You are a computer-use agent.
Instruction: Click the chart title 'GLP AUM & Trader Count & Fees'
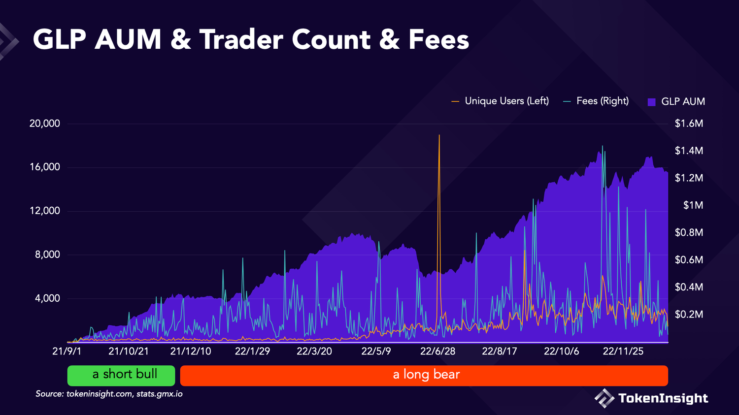[251, 40]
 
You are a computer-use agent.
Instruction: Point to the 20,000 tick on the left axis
[45, 124]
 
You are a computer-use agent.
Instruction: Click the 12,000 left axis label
[45, 211]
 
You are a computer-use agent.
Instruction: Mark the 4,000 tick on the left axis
[47, 298]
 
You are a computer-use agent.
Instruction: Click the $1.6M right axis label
[689, 124]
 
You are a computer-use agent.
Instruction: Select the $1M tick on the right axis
[693, 205]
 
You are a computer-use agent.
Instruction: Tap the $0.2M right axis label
[689, 314]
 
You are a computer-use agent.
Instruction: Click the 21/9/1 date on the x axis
[67, 351]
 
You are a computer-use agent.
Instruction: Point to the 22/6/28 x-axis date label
[437, 351]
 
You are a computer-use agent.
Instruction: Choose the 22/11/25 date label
[623, 351]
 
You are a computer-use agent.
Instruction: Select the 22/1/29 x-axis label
[252, 351]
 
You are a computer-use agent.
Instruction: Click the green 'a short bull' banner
[121, 375]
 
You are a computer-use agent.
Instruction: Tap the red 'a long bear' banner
[424, 375]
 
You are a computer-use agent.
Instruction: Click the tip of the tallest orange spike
[439, 135]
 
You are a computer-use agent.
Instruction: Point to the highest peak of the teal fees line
[602, 146]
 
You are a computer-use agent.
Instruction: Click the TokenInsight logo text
[663, 398]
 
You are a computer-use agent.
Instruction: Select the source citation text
[109, 394]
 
